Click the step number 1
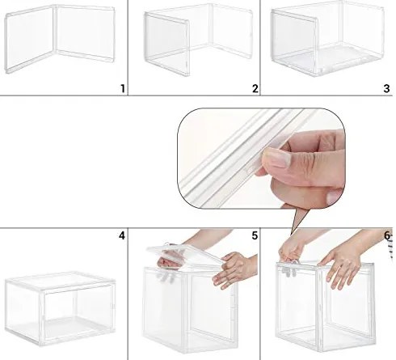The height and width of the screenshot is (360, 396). (122, 87)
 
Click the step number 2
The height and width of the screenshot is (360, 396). (255, 87)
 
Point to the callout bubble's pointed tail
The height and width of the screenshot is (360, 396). (297, 218)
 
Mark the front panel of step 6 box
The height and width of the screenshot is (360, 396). (315, 311)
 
